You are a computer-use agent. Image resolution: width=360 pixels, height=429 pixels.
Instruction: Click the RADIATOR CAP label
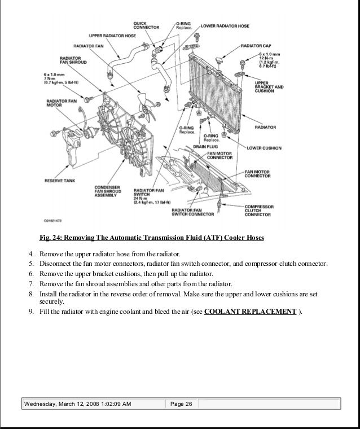click(257, 45)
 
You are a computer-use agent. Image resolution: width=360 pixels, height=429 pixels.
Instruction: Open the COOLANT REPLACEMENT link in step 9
click(250, 311)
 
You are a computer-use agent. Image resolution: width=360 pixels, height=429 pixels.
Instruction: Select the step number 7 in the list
click(32, 283)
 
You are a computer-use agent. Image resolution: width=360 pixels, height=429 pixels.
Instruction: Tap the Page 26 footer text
click(181, 404)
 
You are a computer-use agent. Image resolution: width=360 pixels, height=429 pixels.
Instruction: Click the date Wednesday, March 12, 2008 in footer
click(63, 404)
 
